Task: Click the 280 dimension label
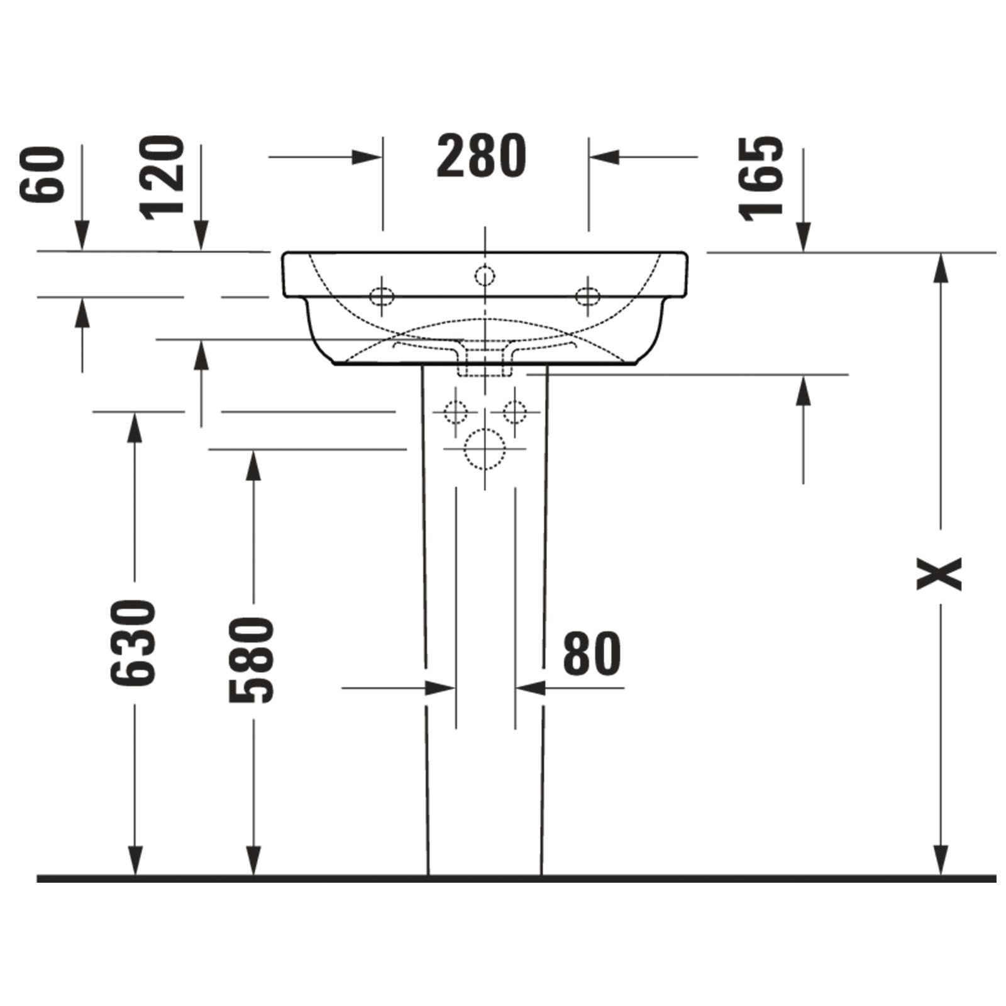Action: tap(481, 155)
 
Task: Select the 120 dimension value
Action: tap(162, 178)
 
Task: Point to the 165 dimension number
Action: tap(762, 179)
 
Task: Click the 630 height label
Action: tap(133, 643)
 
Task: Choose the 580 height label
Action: tap(251, 660)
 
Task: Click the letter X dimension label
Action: tap(939, 573)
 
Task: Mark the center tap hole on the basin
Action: tap(485, 275)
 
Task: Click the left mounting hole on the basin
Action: tap(382, 295)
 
